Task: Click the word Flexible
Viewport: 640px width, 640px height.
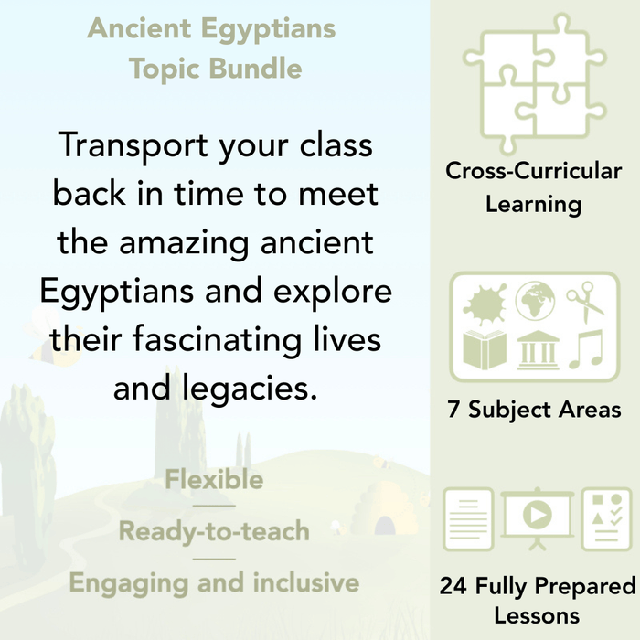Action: pos(214,480)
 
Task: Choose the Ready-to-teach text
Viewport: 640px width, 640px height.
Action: pos(214,531)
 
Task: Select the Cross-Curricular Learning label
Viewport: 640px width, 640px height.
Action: pos(534,187)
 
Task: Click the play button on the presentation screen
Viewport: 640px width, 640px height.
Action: pos(534,515)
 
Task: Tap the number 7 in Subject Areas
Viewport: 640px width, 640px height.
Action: pos(453,411)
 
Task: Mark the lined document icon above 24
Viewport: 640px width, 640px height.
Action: pos(468,517)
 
